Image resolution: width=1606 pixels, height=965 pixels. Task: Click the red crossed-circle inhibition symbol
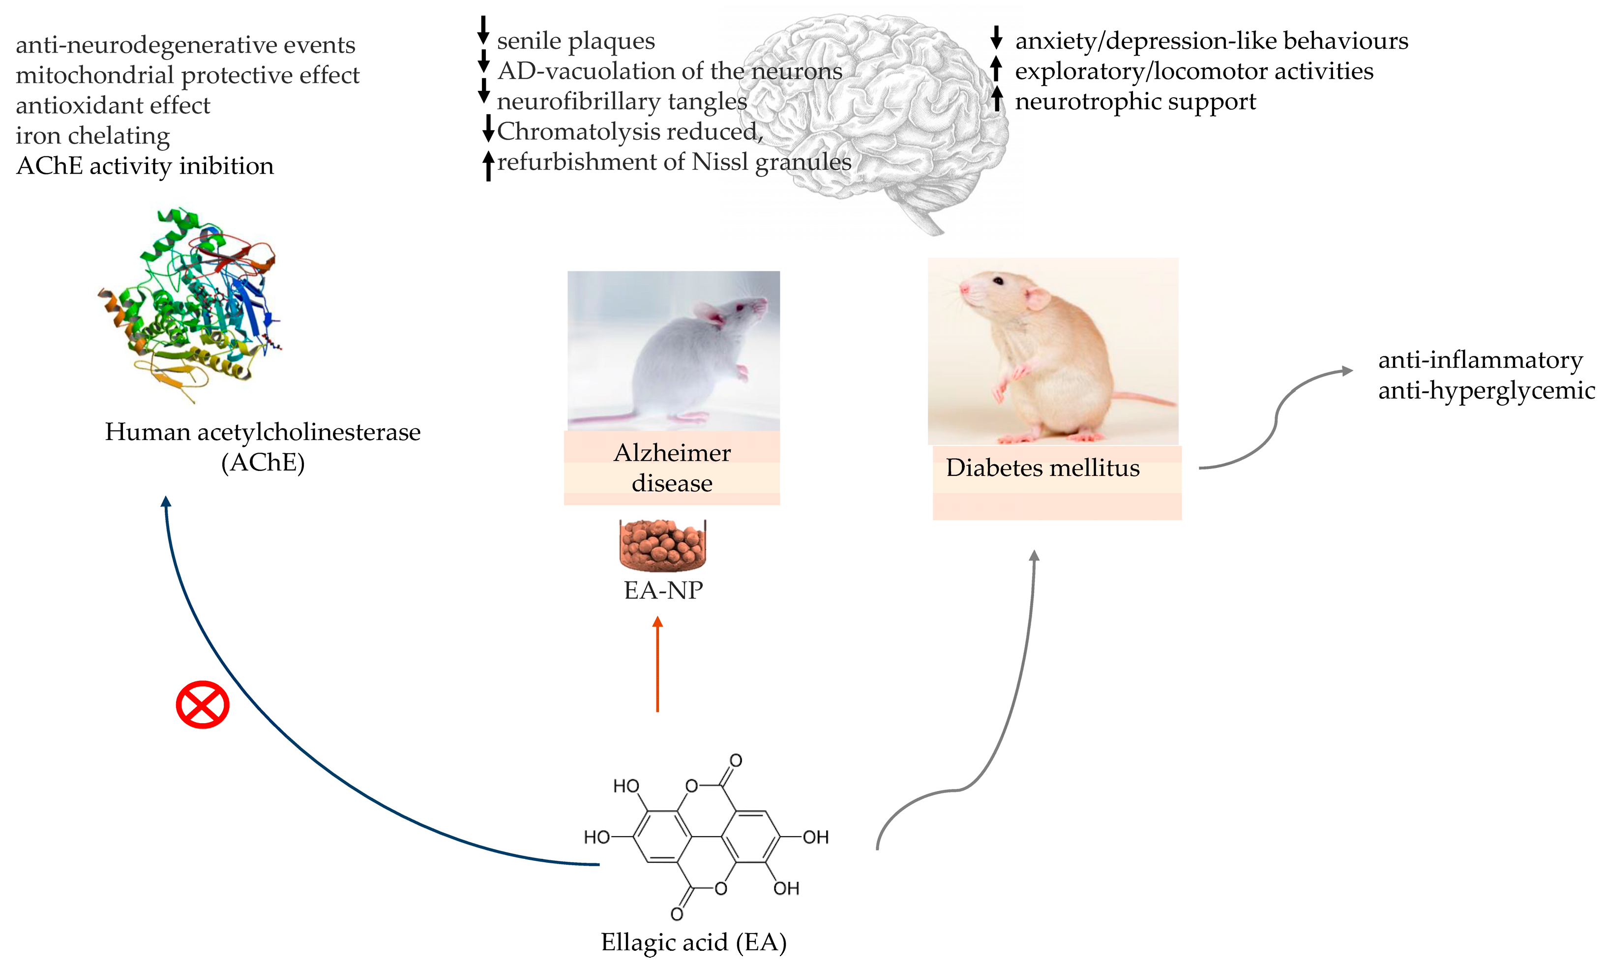coord(202,704)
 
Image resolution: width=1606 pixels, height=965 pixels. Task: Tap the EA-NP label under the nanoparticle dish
coord(663,590)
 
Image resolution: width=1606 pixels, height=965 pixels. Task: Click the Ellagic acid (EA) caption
coord(693,941)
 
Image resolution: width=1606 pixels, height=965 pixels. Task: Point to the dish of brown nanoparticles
coord(662,544)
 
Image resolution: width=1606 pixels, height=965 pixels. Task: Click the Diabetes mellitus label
coord(1042,468)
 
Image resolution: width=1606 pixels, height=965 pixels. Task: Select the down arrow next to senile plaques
coord(483,30)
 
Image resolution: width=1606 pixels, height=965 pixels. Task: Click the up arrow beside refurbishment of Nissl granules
coord(488,165)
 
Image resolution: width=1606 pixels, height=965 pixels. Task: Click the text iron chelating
coord(92,135)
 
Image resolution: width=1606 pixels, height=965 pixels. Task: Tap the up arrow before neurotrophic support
coord(997,99)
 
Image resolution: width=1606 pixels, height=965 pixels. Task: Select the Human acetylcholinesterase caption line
coord(262,432)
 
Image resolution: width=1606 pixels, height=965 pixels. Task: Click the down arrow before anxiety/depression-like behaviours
coord(995,38)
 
